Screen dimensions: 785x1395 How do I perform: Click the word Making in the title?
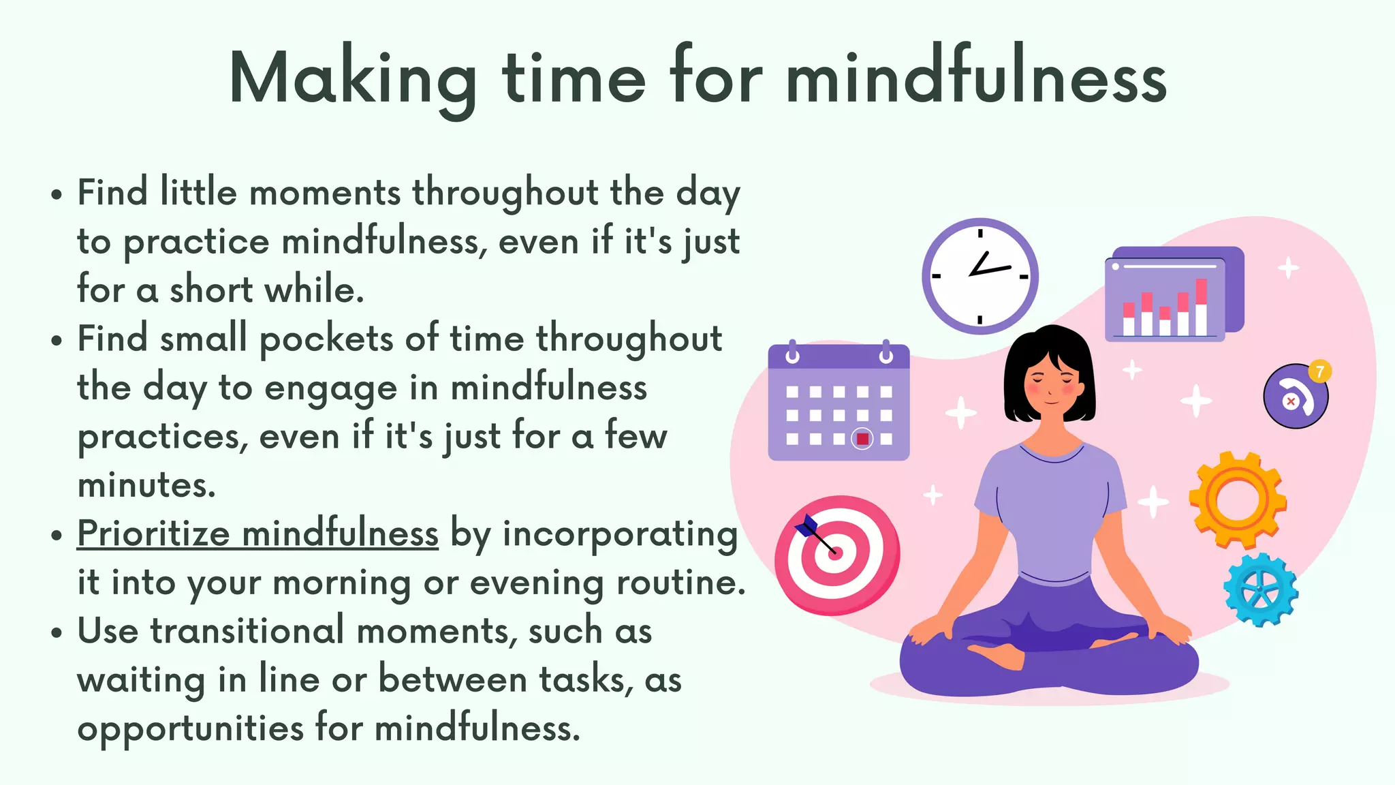(x=352, y=78)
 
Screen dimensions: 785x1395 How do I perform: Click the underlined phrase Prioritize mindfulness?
(x=257, y=534)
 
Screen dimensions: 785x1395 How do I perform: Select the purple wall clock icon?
(x=979, y=276)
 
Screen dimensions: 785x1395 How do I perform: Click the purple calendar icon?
(x=838, y=402)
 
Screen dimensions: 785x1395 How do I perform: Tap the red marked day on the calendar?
(x=862, y=439)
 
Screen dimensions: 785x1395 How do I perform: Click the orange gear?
(x=1238, y=499)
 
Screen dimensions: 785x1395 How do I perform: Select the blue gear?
(x=1260, y=590)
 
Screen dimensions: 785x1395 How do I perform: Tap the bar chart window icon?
(x=1173, y=294)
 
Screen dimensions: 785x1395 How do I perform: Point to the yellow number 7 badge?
(x=1319, y=371)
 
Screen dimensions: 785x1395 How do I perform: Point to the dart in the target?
(x=815, y=534)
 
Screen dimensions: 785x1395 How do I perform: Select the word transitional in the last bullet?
(x=247, y=630)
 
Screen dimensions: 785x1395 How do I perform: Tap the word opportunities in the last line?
(x=190, y=729)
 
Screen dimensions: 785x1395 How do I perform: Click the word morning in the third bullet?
(x=341, y=583)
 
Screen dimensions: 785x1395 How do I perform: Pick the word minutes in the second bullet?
(x=146, y=485)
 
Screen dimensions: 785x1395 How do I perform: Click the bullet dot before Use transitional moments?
(x=57, y=632)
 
